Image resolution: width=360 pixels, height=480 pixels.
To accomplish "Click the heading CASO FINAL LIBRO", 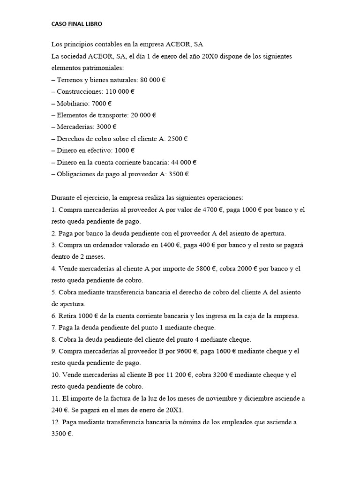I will (x=76, y=23).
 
